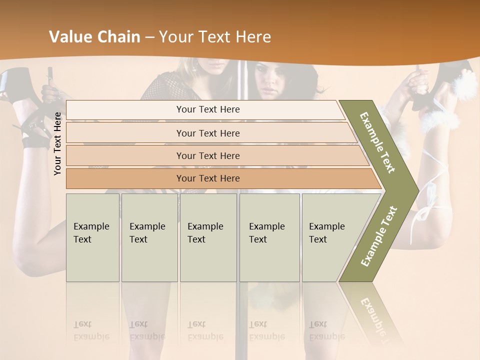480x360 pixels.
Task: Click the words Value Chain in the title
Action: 94,37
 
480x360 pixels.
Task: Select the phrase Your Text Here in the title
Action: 215,37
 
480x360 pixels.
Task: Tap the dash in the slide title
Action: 149,37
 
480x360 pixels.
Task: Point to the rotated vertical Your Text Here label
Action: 57,144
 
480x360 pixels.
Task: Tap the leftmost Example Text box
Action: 92,237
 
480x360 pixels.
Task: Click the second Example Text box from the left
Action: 149,237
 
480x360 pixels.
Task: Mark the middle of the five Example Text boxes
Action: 208,237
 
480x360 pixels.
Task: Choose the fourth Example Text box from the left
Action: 269,237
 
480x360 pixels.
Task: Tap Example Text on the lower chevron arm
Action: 379,236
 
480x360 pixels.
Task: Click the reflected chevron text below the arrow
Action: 375,315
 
